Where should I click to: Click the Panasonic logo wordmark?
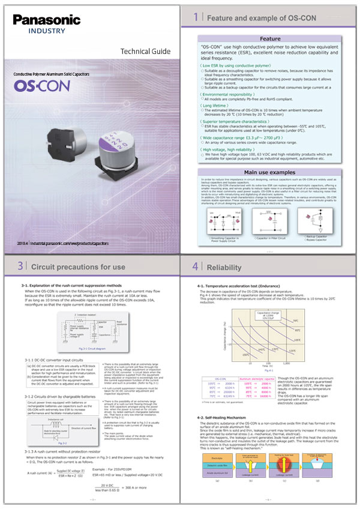click(x=43, y=20)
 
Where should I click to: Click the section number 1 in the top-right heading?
click(x=196, y=18)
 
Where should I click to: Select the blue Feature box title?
click(x=269, y=38)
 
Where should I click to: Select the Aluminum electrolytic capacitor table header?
click(x=257, y=380)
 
